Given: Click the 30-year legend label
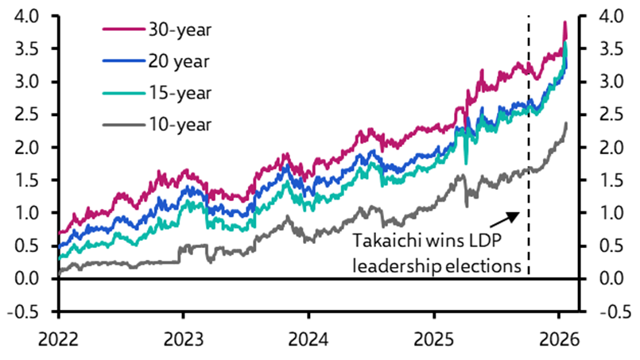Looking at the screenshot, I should point(179,29).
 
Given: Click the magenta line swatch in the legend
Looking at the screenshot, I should point(122,29).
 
